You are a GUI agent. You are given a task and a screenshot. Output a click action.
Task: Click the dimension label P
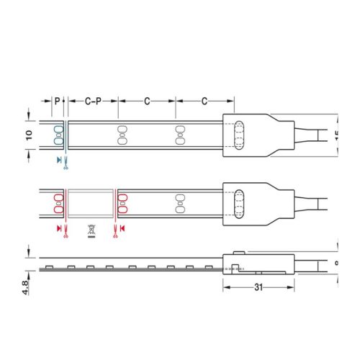coord(58,102)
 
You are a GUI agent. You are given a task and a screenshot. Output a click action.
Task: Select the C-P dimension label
coord(92,102)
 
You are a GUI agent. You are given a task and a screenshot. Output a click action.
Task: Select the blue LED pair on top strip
coord(58,135)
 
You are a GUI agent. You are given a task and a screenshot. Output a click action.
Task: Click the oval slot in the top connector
coord(240,135)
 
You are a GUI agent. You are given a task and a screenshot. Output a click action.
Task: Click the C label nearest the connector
coord(204,102)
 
